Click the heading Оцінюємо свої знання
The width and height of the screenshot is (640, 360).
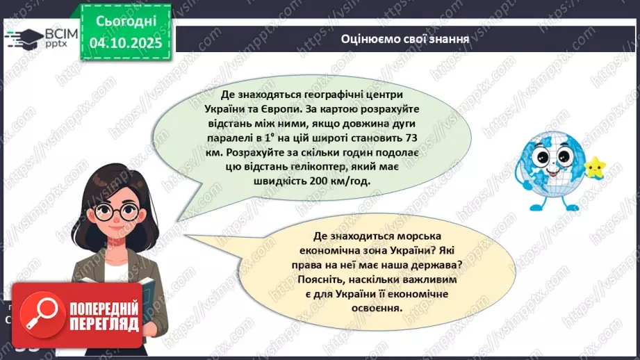tap(405, 39)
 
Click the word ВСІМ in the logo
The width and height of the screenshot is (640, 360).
tap(59, 33)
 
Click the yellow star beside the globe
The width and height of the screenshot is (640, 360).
tap(595, 167)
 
